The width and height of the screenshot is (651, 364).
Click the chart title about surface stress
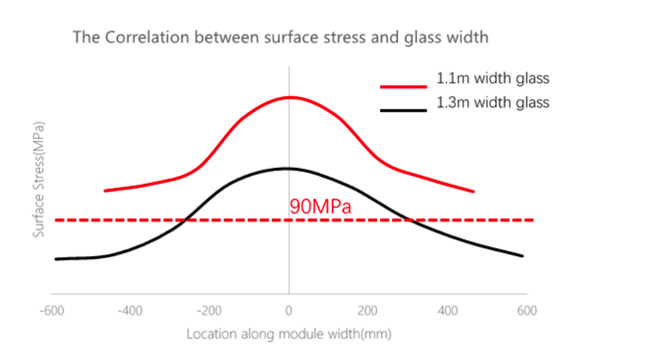point(280,38)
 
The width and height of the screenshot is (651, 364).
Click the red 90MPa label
point(320,206)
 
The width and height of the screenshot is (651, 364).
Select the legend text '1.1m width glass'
point(492,78)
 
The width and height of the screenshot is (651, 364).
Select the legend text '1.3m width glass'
point(492,103)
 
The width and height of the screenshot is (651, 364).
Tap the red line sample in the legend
point(403,86)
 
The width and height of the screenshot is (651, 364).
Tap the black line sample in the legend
point(403,110)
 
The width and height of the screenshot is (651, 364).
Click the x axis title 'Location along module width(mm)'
point(289,334)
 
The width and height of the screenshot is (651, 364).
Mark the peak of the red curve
point(289,97)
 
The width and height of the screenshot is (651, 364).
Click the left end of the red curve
point(106,190)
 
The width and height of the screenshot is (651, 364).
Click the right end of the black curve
point(522,255)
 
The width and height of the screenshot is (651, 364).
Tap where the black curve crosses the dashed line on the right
point(410,219)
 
